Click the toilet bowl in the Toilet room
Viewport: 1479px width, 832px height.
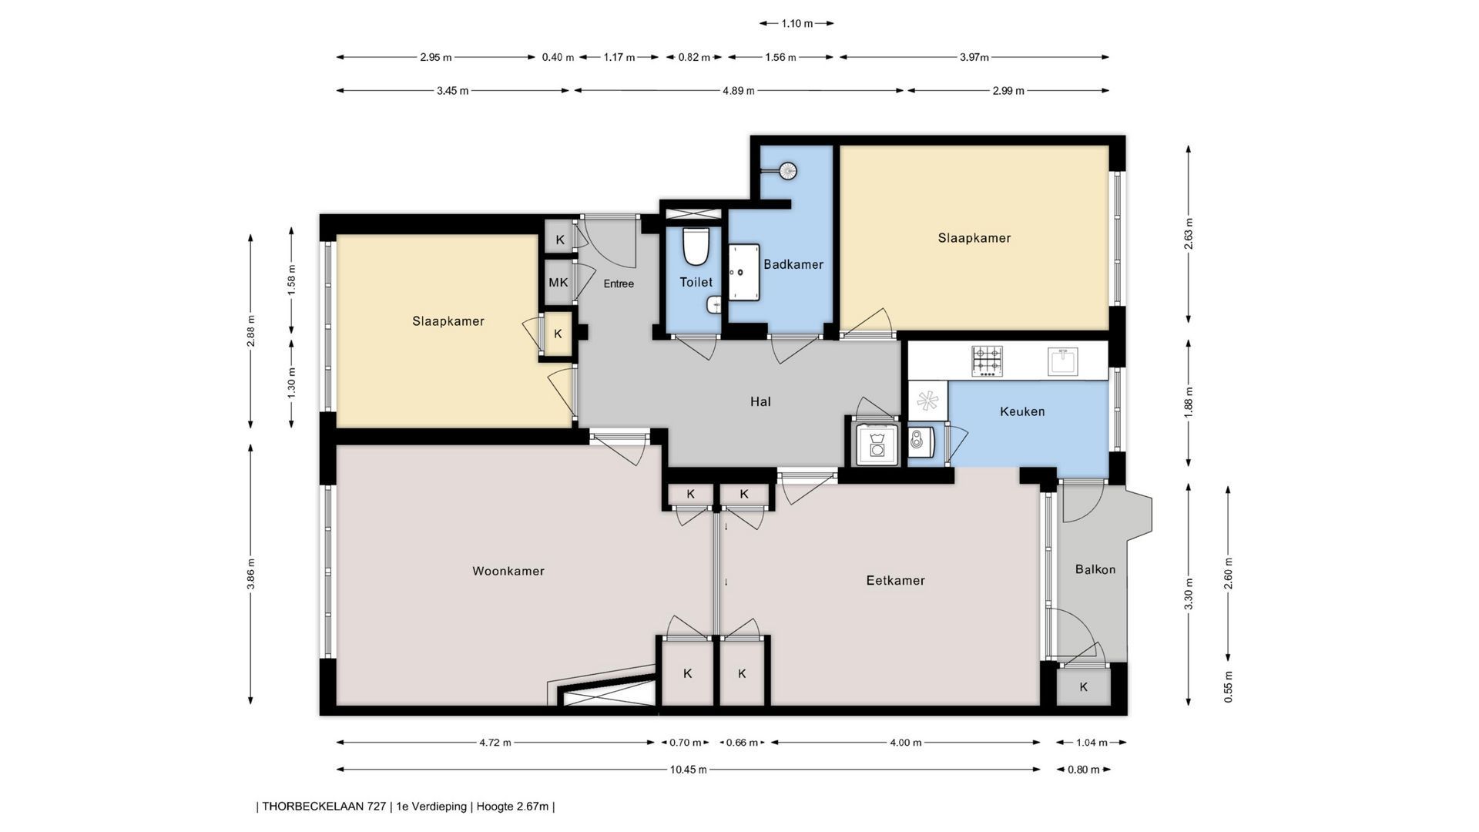pos(696,245)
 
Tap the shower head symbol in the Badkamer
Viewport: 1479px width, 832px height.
pos(788,170)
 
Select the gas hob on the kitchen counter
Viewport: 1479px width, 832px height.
pos(987,361)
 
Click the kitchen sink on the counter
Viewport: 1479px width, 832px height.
pos(1062,361)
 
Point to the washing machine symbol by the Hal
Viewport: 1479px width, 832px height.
pos(877,445)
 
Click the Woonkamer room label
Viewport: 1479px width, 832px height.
pos(508,571)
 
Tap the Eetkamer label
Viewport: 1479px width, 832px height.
pos(895,580)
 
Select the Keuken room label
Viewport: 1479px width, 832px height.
pos(1022,411)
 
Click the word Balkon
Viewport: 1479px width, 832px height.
pos(1095,569)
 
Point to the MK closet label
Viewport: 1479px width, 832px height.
pos(558,283)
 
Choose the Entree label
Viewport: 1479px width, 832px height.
pos(619,283)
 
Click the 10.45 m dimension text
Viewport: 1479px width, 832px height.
pos(688,769)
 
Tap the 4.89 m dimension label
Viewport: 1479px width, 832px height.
pos(738,91)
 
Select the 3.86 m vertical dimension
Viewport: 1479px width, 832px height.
pos(251,573)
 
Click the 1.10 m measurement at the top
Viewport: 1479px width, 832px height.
pos(797,23)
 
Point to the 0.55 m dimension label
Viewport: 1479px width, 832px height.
pos(1229,686)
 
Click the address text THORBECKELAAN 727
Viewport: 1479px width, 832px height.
pos(324,807)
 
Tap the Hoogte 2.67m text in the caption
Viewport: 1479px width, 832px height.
pos(512,807)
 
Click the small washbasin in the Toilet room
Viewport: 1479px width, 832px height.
pos(713,306)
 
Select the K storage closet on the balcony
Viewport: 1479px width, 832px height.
pos(1083,687)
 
